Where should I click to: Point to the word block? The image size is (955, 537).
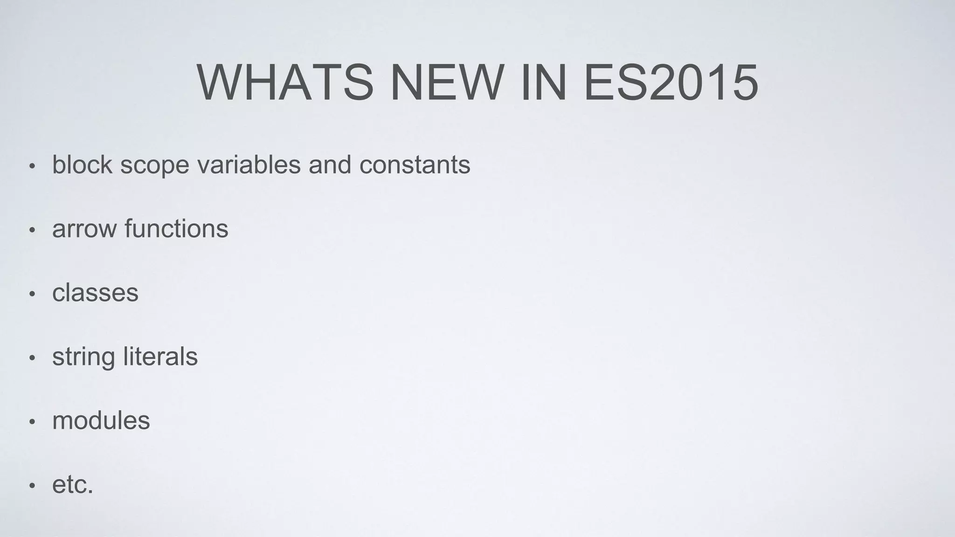[x=82, y=165]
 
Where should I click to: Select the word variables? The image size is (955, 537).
[x=249, y=165]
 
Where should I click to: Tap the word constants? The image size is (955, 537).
[x=415, y=165]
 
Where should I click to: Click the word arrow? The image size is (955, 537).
[x=84, y=229]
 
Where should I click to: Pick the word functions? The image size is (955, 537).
[x=176, y=228]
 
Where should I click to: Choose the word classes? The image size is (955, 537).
[x=95, y=293]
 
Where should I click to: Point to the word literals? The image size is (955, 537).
[x=160, y=357]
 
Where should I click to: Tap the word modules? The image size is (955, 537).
[x=101, y=420]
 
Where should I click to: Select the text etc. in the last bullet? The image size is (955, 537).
[x=73, y=485]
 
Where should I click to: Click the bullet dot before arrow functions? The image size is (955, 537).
[x=32, y=230]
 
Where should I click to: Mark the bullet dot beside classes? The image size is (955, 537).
[x=32, y=294]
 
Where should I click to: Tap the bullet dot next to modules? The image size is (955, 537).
[x=32, y=422]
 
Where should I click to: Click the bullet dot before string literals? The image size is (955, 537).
[x=32, y=358]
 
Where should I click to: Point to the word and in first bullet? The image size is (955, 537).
[x=330, y=165]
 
